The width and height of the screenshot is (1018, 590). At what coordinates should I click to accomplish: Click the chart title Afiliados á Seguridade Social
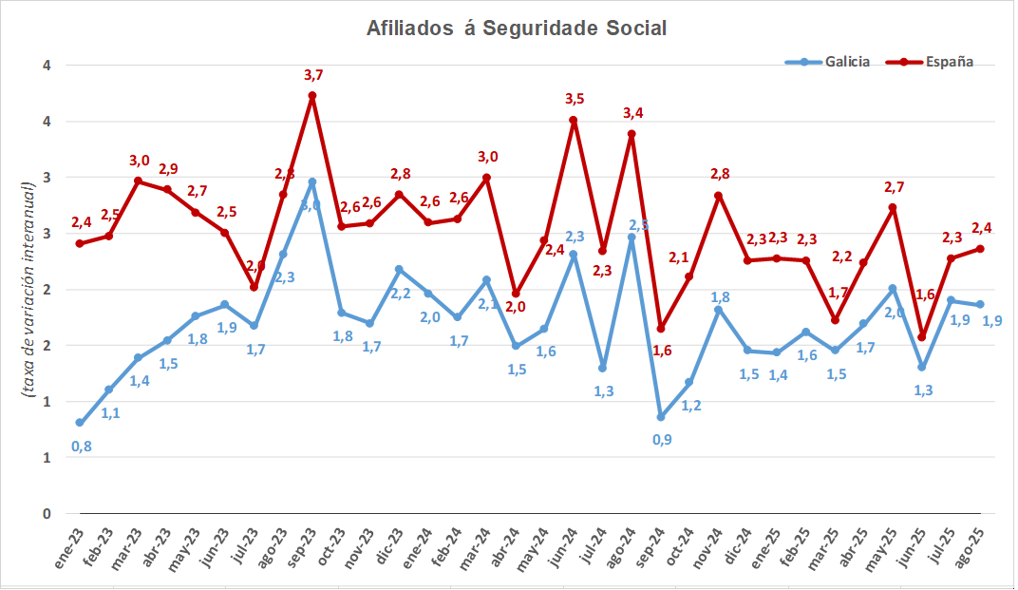point(517,29)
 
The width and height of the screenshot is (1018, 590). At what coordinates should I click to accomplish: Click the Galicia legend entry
point(827,62)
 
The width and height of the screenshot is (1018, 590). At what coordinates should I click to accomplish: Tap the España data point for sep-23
point(311,96)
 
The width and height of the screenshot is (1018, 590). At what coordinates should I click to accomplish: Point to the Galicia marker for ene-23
point(80,423)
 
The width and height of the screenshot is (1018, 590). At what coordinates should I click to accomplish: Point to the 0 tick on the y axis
point(46,514)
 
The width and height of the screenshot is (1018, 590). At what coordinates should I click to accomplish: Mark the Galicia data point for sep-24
point(661,417)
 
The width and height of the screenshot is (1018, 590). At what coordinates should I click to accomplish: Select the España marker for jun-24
point(574,120)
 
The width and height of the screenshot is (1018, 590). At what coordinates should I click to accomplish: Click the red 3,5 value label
point(575,99)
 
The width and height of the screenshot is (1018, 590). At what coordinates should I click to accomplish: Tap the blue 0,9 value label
point(662,440)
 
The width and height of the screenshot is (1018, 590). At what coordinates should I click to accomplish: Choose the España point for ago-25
point(980,249)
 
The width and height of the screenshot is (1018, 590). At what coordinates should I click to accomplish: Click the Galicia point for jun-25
point(921,367)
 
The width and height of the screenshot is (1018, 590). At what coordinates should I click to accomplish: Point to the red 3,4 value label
point(632,113)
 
